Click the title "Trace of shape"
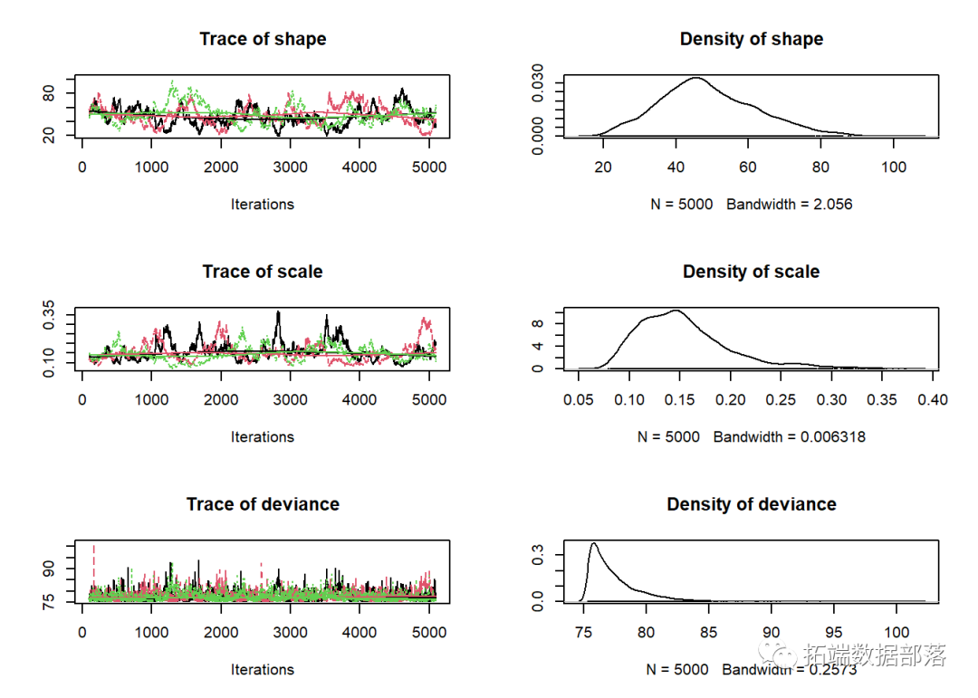tap(263, 39)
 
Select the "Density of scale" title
tap(751, 272)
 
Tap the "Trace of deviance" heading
tap(263, 504)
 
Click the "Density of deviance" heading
tap(751, 504)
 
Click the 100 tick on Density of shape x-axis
tap(894, 167)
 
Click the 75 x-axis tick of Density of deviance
tap(580, 632)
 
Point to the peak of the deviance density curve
tap(594, 543)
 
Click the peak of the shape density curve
tap(695, 78)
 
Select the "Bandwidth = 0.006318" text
tap(789, 437)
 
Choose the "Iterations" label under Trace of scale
tap(263, 437)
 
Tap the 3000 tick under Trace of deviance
tap(290, 632)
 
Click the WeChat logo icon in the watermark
tap(776, 655)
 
